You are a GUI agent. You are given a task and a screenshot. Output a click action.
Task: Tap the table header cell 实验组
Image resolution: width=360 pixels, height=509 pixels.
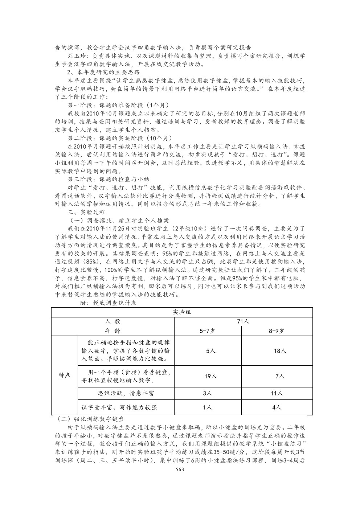pos(182,312)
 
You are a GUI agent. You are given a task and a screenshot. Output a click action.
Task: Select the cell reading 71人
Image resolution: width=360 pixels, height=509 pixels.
pos(243,321)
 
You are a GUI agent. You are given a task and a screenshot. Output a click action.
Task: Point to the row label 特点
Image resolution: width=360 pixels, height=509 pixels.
pos(65,375)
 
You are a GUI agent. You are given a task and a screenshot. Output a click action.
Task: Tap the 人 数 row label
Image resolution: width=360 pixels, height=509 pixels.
pos(112,321)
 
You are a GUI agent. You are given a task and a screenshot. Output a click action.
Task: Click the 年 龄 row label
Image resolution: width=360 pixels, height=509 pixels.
pos(112,331)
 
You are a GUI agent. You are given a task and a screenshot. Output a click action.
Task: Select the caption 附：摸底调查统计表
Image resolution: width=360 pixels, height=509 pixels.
pos(109,303)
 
